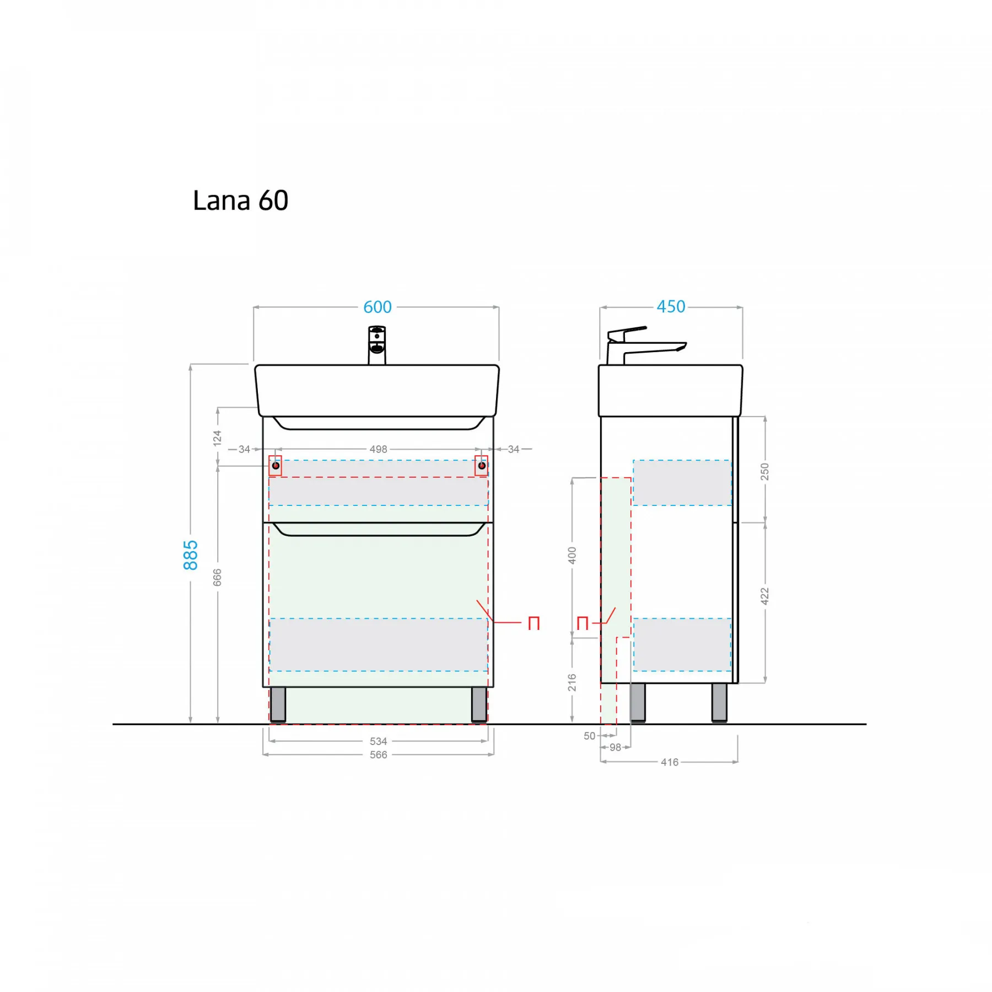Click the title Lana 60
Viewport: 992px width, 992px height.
point(240,201)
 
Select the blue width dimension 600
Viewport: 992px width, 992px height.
point(378,307)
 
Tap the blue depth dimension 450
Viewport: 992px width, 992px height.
point(671,306)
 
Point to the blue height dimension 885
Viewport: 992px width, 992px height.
point(190,555)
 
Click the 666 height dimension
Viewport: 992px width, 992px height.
point(217,577)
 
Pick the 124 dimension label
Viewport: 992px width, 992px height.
point(217,438)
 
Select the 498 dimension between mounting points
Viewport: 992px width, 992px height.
point(378,449)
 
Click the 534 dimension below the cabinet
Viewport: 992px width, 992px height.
point(378,741)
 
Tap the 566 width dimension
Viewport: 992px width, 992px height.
point(378,754)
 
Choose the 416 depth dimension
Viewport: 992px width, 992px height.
point(670,762)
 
